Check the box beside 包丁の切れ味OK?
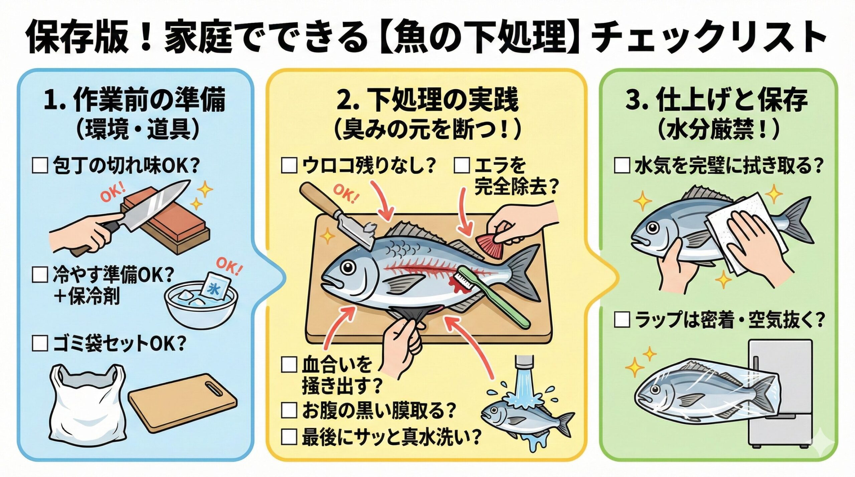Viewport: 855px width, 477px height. pyautogui.click(x=40, y=166)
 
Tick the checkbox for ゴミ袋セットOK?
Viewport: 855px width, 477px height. pyautogui.click(x=40, y=343)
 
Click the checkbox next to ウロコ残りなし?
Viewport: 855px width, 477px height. pyautogui.click(x=289, y=166)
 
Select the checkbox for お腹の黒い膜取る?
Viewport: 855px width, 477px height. pyautogui.click(x=289, y=410)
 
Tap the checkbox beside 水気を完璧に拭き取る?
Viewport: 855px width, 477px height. pyautogui.click(x=622, y=166)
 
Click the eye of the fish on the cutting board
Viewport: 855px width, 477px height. pyautogui.click(x=347, y=267)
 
